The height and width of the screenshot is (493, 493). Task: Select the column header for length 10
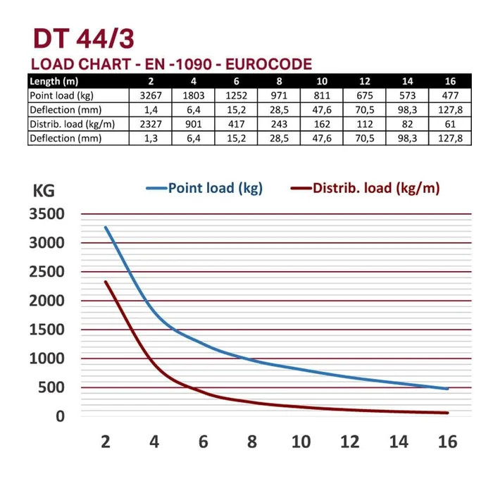(x=322, y=81)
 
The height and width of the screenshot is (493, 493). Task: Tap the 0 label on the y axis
(x=60, y=416)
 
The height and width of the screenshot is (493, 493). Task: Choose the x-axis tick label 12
(x=349, y=442)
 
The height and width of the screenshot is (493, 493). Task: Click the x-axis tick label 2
(x=106, y=442)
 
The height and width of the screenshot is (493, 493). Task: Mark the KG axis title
(x=43, y=190)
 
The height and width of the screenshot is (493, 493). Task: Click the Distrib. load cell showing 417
(x=231, y=124)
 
